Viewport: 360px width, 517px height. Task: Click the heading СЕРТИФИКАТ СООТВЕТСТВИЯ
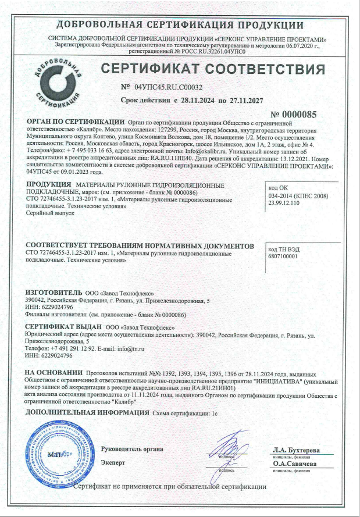coord(212,69)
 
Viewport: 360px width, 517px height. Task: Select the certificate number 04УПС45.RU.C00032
coord(168,87)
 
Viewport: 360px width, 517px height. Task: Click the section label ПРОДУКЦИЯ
coord(49,184)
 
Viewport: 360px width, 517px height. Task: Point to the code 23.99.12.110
coord(285,205)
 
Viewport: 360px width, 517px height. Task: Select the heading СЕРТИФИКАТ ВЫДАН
coord(65,327)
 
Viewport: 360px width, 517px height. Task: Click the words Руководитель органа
coord(131,448)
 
